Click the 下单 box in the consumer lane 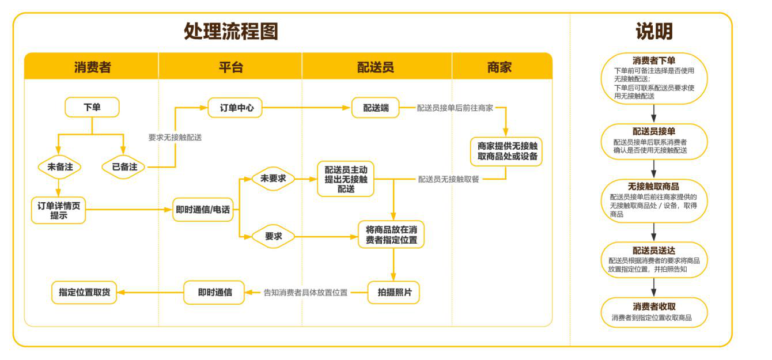[92, 107]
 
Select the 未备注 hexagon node [59, 167]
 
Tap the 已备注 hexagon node [124, 167]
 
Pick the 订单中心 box [235, 107]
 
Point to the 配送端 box [375, 108]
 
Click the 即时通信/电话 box [203, 210]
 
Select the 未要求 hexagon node [273, 179]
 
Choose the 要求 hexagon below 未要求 [273, 236]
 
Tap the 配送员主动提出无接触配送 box [346, 179]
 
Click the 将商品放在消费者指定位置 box [391, 235]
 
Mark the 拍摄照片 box [394, 293]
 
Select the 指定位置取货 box [84, 293]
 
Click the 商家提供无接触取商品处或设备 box [506, 151]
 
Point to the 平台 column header [230, 67]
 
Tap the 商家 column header [499, 67]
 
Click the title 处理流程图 [230, 31]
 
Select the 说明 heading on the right [654, 31]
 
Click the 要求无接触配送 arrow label [175, 138]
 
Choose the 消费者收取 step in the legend [654, 312]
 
